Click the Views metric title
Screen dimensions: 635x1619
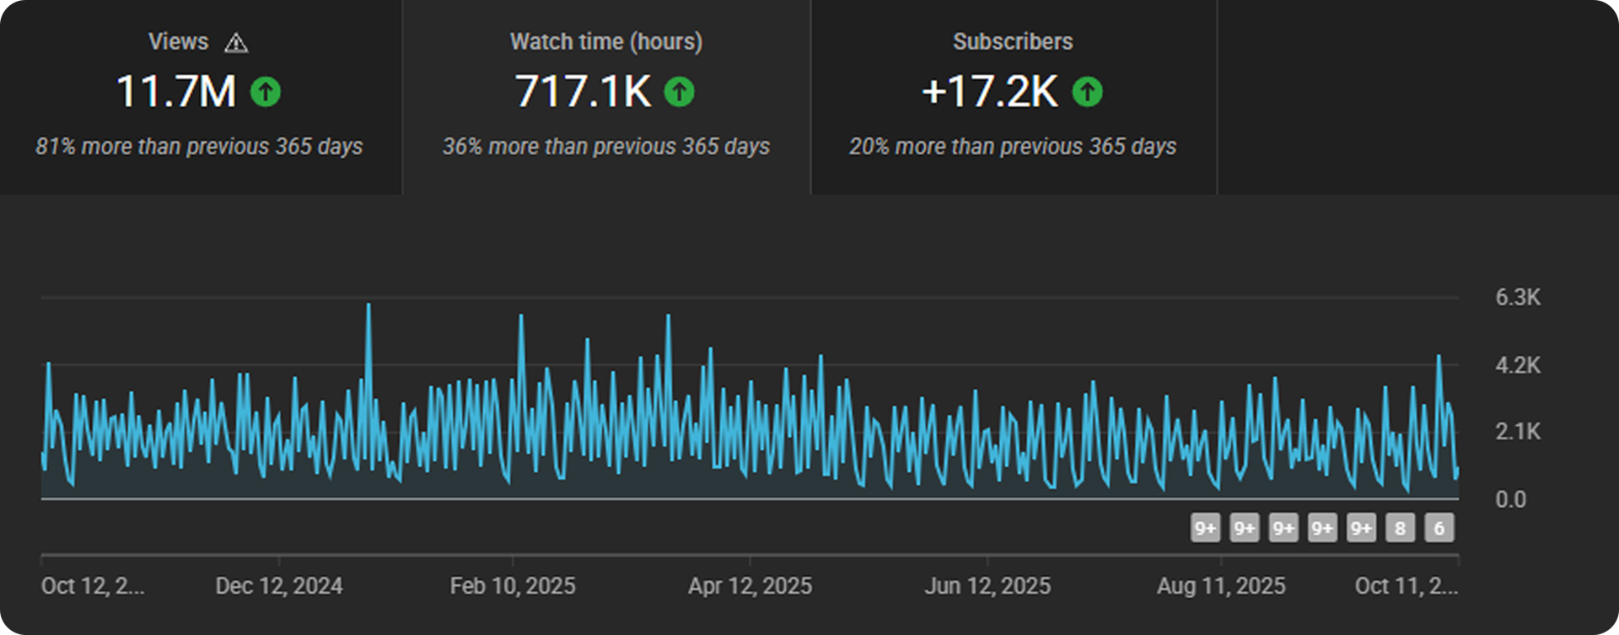pyautogui.click(x=178, y=41)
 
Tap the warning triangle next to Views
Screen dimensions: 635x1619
pyautogui.click(x=236, y=43)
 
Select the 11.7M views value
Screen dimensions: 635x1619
pyautogui.click(x=176, y=91)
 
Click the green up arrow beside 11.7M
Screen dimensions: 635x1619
pyautogui.click(x=266, y=91)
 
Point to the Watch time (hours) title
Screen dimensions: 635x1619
pyautogui.click(x=605, y=41)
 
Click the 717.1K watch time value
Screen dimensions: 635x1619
pyautogui.click(x=583, y=91)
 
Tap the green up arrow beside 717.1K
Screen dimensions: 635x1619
pyautogui.click(x=679, y=91)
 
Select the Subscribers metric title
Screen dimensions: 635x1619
pyautogui.click(x=1012, y=41)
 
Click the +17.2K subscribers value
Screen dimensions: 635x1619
pyautogui.click(x=989, y=91)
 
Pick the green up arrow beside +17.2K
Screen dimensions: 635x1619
pyautogui.click(x=1087, y=91)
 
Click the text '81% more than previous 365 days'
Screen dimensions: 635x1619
pyautogui.click(x=199, y=147)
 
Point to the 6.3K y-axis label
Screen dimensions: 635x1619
pyautogui.click(x=1517, y=298)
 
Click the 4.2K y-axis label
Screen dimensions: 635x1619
pyautogui.click(x=1517, y=365)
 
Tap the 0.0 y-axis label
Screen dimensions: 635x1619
pyautogui.click(x=1510, y=499)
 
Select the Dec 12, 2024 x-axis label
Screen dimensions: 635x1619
pyautogui.click(x=279, y=586)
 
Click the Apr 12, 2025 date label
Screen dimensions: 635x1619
pyautogui.click(x=750, y=586)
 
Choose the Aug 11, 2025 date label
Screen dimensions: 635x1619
pyautogui.click(x=1220, y=586)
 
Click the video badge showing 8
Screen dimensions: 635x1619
pyautogui.click(x=1400, y=528)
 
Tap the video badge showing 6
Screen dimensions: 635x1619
pyautogui.click(x=1439, y=528)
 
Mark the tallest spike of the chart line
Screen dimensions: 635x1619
pyautogui.click(x=368, y=305)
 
